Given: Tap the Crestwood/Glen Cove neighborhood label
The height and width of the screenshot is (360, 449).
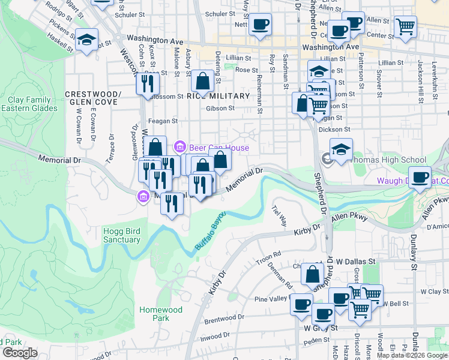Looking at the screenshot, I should pyautogui.click(x=93, y=98).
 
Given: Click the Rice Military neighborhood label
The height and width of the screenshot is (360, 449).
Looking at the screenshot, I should pyautogui.click(x=218, y=96).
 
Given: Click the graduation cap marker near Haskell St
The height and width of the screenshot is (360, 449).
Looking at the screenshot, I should pyautogui.click(x=87, y=40).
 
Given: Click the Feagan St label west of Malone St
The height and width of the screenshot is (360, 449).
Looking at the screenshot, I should pyautogui.click(x=166, y=121).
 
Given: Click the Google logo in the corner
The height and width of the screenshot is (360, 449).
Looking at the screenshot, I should pyautogui.click(x=20, y=353).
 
